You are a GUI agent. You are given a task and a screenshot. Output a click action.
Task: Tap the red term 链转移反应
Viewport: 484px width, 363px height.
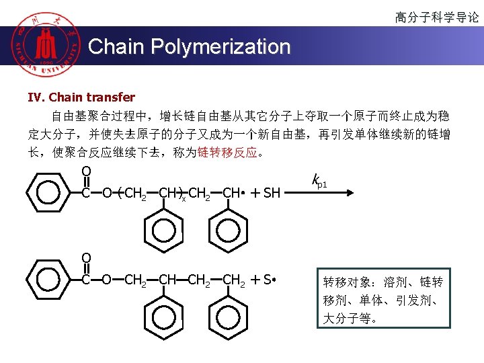[227, 153]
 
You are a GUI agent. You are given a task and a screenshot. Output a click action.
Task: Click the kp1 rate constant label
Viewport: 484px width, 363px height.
[319, 181]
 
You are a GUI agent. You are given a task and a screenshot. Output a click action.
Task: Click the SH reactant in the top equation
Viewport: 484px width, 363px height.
[272, 194]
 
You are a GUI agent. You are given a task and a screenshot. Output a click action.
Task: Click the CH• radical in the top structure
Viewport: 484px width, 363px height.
[231, 194]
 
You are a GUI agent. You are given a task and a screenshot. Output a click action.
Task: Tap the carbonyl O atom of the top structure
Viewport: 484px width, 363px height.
[86, 171]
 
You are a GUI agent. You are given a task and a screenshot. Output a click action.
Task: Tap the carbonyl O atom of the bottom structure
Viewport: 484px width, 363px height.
[86, 257]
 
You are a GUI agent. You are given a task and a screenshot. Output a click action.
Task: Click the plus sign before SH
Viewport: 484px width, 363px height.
[255, 194]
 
